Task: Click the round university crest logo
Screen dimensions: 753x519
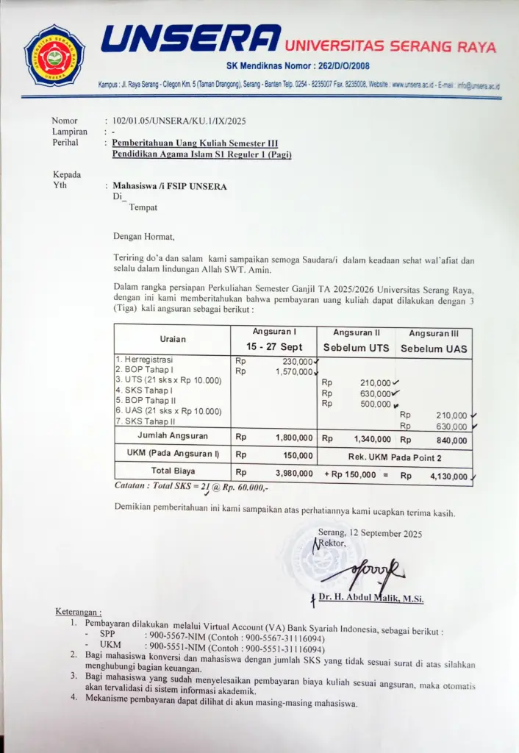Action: (54, 54)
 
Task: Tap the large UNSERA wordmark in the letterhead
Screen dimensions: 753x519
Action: (190, 38)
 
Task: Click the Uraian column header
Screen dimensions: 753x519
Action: (173, 339)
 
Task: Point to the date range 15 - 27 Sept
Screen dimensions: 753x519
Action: (274, 347)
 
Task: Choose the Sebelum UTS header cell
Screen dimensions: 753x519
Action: (356, 348)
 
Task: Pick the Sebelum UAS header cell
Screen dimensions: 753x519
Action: (434, 349)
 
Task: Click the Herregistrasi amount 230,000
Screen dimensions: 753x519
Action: (297, 361)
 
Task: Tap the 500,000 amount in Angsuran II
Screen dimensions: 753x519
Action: (375, 404)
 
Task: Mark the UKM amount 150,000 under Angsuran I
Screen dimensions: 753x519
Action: (298, 456)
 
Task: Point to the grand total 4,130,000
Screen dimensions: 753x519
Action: (448, 477)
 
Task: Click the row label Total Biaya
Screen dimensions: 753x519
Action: (173, 471)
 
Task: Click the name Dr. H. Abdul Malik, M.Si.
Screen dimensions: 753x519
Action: (371, 599)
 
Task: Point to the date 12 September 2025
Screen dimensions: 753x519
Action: (387, 534)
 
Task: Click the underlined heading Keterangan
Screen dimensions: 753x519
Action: (79, 612)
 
